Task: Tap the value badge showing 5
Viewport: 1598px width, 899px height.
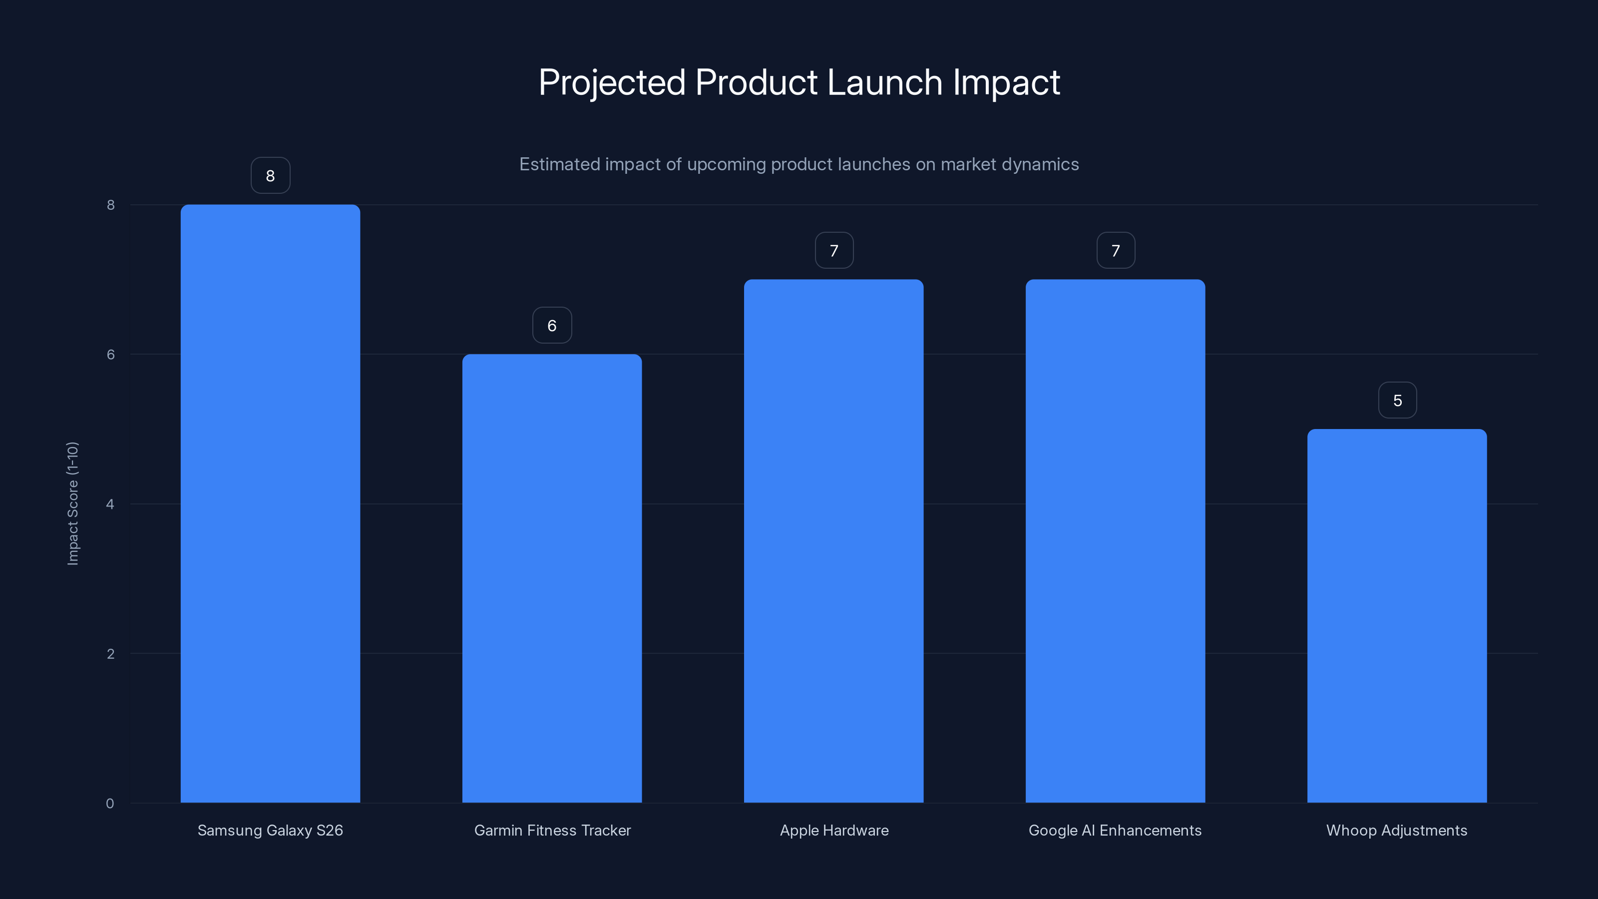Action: pos(1397,400)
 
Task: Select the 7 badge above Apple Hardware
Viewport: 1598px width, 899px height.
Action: pos(834,250)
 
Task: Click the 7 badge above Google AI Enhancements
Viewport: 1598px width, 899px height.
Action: pos(1116,250)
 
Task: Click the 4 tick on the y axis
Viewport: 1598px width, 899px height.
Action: pos(110,504)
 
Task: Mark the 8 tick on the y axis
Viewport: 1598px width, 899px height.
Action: pos(110,205)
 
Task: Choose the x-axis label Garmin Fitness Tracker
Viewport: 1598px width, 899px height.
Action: pos(552,830)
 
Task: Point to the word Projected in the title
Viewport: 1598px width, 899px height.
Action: pos(612,83)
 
